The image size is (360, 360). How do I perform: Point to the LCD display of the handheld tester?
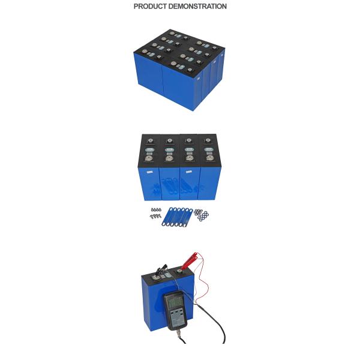pyautogui.click(x=175, y=302)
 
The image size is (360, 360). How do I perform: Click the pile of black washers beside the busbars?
pyautogui.click(x=202, y=215)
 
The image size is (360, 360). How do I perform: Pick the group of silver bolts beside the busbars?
pyautogui.click(x=156, y=213)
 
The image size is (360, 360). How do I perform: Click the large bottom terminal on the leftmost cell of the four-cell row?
pyautogui.click(x=149, y=158)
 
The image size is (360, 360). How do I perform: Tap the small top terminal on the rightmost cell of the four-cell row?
pyautogui.click(x=208, y=140)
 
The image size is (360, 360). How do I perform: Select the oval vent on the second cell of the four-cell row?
pyautogui.click(x=169, y=149)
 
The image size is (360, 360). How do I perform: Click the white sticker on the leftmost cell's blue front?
pyautogui.click(x=149, y=172)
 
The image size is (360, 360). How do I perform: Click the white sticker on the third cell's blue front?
pyautogui.click(x=189, y=172)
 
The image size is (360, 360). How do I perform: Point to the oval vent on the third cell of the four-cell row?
pyautogui.click(x=189, y=149)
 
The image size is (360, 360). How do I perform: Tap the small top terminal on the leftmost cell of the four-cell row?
pyautogui.click(x=150, y=140)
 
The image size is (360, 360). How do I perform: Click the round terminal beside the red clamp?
pyautogui.click(x=179, y=272)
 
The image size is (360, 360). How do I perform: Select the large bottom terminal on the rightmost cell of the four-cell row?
pyautogui.click(x=209, y=158)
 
